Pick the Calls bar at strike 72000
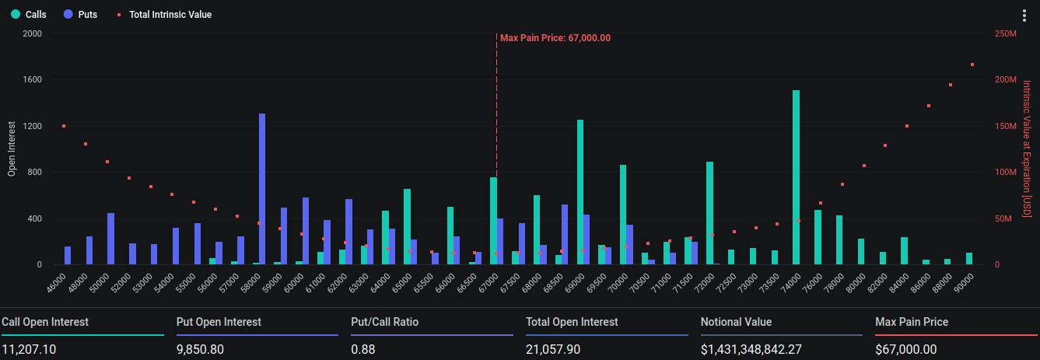pos(709,213)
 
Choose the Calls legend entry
pos(30,15)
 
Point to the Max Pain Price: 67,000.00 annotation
pos(555,37)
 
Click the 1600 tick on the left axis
pos(32,80)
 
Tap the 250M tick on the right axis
pos(1006,34)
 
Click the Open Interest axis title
pos(12,148)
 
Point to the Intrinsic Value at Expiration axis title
pos(1027,149)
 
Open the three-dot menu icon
pos(1024,16)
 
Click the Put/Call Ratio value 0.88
pos(364,349)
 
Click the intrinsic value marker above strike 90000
pos(972,65)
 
